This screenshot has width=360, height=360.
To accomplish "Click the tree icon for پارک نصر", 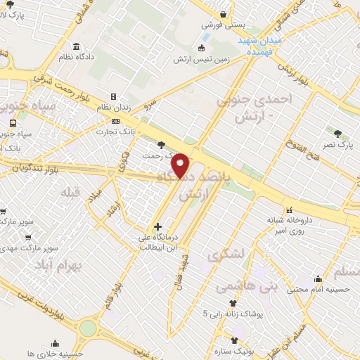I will tap(338, 134).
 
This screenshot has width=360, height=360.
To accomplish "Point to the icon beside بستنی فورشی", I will tap(224, 14).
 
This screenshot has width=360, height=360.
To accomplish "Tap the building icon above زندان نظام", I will tap(112, 97).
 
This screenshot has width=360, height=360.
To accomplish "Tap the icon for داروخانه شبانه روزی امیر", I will tap(289, 210).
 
